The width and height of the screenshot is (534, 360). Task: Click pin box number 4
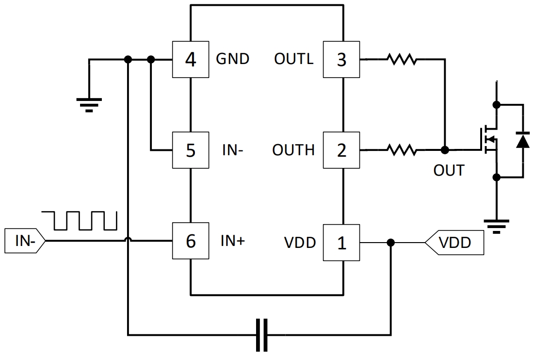(x=191, y=60)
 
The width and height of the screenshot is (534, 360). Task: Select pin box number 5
(x=191, y=150)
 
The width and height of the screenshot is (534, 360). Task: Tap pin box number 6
(x=191, y=241)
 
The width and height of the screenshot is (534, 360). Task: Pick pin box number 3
(x=341, y=60)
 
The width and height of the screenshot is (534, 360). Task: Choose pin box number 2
(x=341, y=150)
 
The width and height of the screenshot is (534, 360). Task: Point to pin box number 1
(x=341, y=242)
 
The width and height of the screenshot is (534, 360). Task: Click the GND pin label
(x=232, y=59)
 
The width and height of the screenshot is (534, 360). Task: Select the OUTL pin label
(x=293, y=59)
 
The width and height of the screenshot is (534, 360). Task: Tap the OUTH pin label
(x=293, y=150)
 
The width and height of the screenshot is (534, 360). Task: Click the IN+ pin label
(x=233, y=241)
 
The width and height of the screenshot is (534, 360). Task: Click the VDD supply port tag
(x=454, y=242)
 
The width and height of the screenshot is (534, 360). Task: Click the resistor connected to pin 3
(x=402, y=59)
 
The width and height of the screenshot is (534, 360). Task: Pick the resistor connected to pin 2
(x=402, y=150)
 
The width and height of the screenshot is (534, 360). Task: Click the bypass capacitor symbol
(x=261, y=335)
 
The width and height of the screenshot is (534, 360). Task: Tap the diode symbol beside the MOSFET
(x=522, y=141)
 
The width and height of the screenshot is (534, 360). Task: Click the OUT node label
(x=449, y=171)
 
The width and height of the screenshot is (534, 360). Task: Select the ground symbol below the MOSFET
(x=496, y=226)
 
